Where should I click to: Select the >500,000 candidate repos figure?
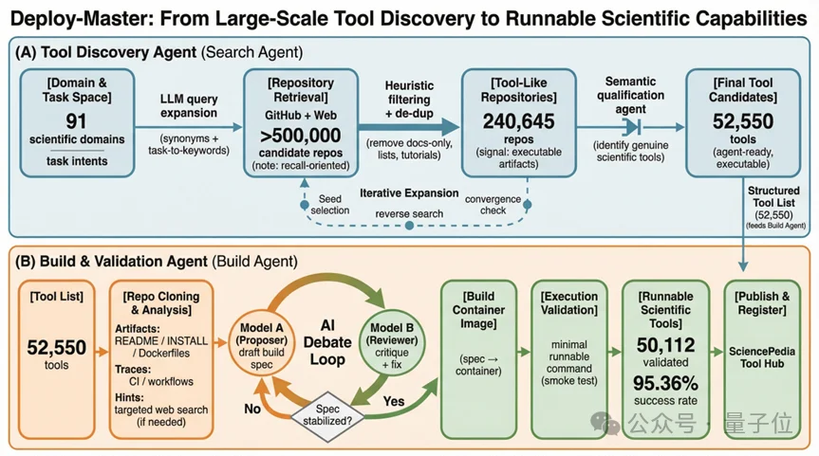(x=299, y=135)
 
